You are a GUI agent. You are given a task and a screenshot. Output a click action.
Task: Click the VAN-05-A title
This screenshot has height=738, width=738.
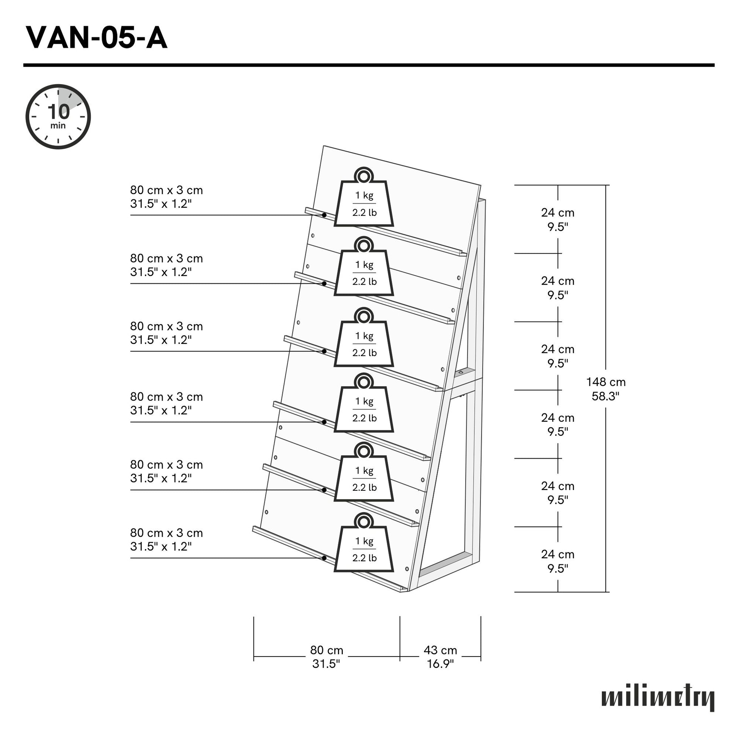pyautogui.click(x=96, y=38)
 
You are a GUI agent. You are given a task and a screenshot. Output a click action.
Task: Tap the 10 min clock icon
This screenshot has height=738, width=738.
pyautogui.click(x=58, y=116)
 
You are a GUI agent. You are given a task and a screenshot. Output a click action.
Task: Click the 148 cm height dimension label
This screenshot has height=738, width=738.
pyautogui.click(x=605, y=389)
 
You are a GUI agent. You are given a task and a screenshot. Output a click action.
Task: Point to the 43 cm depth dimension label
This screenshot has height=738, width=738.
pyautogui.click(x=440, y=657)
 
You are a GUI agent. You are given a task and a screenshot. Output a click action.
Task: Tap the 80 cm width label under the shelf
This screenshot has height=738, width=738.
pyautogui.click(x=326, y=657)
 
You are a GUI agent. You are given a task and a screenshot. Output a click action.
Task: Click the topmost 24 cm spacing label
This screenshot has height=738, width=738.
pyautogui.click(x=557, y=220)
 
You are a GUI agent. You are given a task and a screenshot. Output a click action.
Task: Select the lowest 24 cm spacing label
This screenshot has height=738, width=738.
pyautogui.click(x=557, y=561)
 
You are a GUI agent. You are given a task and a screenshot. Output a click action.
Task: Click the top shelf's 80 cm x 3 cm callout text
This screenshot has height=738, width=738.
pyautogui.click(x=166, y=197)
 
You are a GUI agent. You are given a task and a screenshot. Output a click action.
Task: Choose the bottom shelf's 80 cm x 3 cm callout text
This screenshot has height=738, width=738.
pyautogui.click(x=166, y=539)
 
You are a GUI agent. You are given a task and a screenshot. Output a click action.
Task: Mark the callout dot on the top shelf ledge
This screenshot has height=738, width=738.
pyautogui.click(x=324, y=215)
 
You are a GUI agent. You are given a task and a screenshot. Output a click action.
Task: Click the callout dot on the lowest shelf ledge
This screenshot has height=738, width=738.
pyautogui.click(x=324, y=558)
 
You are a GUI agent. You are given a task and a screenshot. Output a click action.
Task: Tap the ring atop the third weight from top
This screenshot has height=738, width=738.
pyautogui.click(x=363, y=317)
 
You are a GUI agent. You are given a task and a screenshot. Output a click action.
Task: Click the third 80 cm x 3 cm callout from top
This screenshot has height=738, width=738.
pyautogui.click(x=166, y=333)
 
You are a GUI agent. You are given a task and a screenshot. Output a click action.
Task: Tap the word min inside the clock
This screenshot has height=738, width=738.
pyautogui.click(x=58, y=126)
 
